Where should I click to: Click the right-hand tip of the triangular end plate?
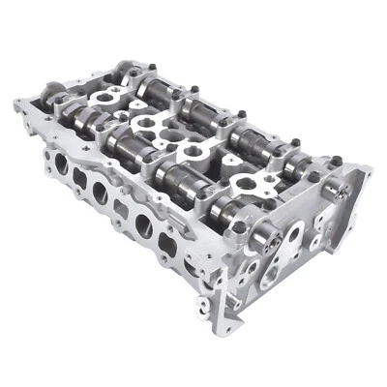click(368, 174)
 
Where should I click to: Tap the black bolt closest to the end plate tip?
click(336, 160)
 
